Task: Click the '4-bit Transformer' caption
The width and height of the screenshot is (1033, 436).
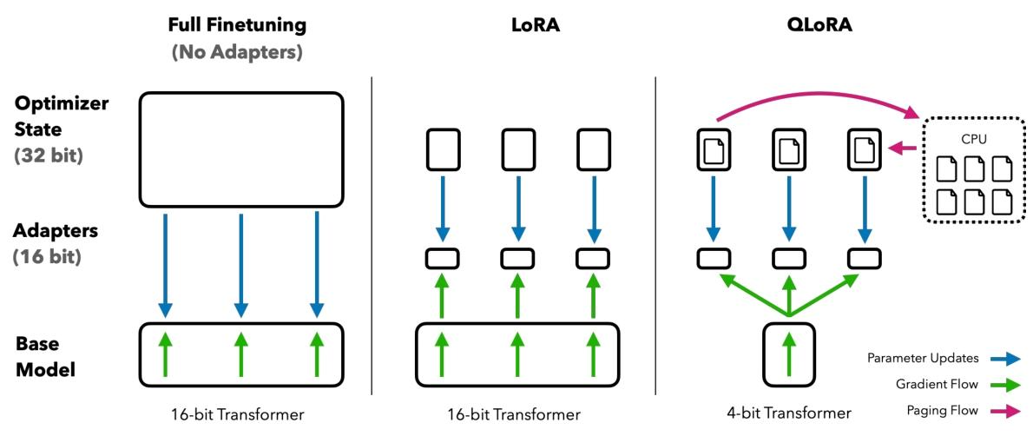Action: [788, 413]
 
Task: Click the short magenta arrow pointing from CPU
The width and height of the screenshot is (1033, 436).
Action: [905, 149]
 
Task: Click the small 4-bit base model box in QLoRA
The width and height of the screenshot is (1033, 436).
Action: [788, 354]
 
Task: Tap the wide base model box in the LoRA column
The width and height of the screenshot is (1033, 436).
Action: [518, 354]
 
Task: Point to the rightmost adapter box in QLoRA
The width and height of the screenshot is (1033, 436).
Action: [865, 257]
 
